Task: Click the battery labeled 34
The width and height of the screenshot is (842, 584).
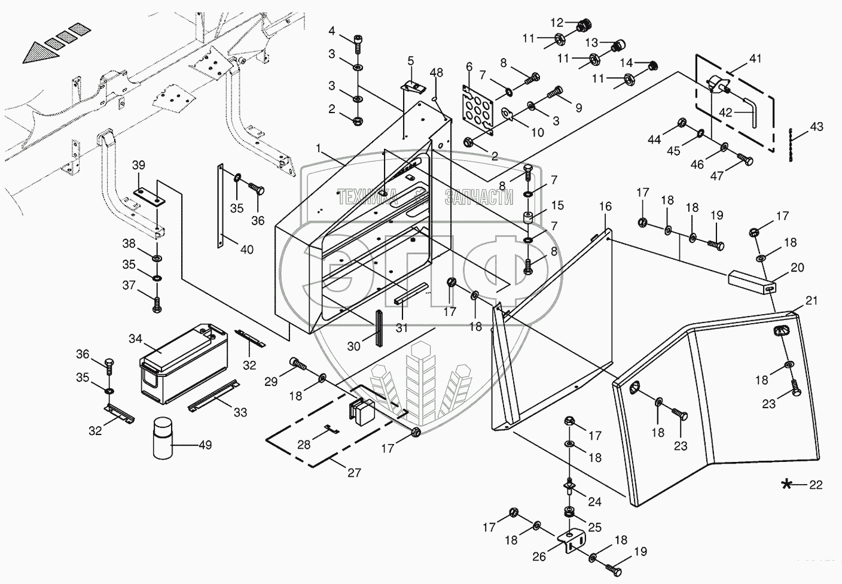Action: [184, 363]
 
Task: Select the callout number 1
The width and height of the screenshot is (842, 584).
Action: [319, 148]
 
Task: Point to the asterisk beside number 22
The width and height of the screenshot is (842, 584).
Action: [786, 484]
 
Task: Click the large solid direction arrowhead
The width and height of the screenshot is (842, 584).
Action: [41, 52]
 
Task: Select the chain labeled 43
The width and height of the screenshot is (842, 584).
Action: [791, 145]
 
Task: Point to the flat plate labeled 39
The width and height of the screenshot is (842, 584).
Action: [150, 197]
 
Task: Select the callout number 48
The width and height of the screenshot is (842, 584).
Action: [436, 72]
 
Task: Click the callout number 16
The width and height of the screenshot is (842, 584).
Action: [605, 206]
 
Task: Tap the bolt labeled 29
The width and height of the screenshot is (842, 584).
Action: [298, 364]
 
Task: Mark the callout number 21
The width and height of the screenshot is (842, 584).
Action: [812, 300]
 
